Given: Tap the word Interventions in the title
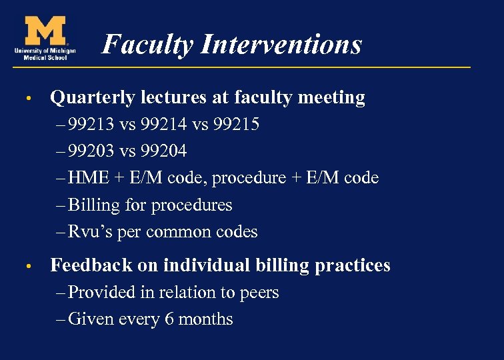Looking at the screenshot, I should tap(281, 45).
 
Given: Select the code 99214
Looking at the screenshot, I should tap(163, 125).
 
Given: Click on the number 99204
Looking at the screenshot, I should tap(163, 151).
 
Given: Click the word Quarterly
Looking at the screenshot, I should tap(93, 98).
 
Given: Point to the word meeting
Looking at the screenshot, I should tap(331, 98).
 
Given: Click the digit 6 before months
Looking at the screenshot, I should tap(170, 319).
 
